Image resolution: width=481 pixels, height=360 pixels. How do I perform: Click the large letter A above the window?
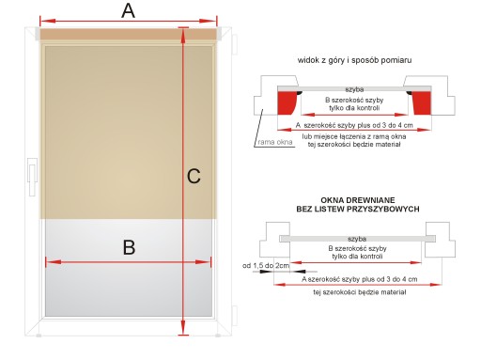click(129, 11)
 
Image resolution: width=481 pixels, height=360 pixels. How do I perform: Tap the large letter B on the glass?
click(129, 247)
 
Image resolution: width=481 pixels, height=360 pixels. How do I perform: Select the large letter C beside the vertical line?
click(194, 176)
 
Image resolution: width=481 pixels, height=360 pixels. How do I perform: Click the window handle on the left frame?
click(32, 177)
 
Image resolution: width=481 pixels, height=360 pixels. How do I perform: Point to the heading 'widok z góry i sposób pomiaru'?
click(354, 60)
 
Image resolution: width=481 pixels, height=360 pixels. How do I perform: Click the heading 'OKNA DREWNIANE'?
click(358, 200)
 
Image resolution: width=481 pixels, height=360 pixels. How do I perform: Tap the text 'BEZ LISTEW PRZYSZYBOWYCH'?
click(358, 209)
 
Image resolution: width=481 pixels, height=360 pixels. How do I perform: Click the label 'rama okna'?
click(275, 142)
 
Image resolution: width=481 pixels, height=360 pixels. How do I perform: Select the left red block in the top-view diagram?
click(287, 103)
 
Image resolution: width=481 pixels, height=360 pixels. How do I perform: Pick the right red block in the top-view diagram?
click(422, 103)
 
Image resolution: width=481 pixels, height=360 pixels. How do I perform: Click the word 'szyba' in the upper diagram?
click(354, 89)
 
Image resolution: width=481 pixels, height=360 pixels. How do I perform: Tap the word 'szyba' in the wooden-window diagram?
click(357, 239)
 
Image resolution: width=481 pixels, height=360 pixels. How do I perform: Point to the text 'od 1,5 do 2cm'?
click(266, 266)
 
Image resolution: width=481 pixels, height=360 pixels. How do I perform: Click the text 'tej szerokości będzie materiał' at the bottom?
click(360, 292)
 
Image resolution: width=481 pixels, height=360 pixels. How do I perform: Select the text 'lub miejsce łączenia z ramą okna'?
click(354, 136)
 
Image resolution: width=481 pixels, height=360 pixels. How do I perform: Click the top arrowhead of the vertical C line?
click(183, 34)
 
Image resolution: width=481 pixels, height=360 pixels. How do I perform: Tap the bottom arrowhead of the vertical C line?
click(183, 329)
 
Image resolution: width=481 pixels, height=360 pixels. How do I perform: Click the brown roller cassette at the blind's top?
click(129, 34)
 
